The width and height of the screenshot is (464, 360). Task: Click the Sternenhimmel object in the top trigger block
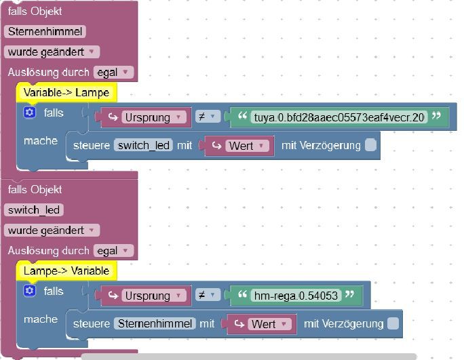click(x=45, y=31)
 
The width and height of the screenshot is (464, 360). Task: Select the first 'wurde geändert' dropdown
click(x=52, y=52)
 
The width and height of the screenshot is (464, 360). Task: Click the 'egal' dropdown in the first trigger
click(x=113, y=72)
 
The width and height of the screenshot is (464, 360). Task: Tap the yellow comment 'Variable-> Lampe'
click(x=66, y=92)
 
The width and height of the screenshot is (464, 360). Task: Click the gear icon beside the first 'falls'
click(x=29, y=113)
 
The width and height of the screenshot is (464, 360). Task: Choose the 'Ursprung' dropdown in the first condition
click(x=153, y=117)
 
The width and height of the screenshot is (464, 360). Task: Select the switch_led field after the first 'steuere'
click(x=143, y=145)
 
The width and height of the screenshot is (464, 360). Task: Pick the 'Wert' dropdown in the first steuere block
click(x=239, y=145)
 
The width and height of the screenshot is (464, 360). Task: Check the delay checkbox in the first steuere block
click(x=370, y=144)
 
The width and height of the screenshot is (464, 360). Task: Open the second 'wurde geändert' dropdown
click(x=52, y=230)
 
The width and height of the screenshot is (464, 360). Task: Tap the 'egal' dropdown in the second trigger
click(x=113, y=251)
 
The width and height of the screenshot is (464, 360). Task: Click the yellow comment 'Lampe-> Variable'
click(x=66, y=271)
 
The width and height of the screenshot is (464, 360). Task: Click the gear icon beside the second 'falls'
click(x=29, y=292)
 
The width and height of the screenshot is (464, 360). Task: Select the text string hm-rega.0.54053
click(x=294, y=296)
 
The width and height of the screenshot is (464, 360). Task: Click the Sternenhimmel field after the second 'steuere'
click(x=155, y=324)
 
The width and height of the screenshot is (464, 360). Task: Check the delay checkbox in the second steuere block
click(x=393, y=323)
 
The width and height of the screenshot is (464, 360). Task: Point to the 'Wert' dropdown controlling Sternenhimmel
click(x=262, y=324)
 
